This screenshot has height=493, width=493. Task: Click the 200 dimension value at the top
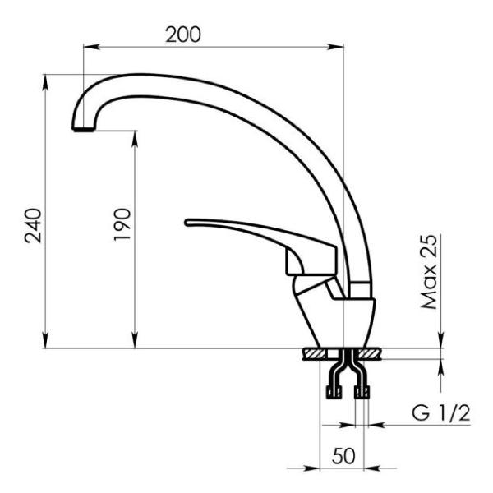[183, 35]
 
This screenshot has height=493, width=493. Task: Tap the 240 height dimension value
[33, 225]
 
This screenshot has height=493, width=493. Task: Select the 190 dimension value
[122, 224]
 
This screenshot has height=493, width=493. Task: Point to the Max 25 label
[429, 272]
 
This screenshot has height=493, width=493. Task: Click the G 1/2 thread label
[441, 413]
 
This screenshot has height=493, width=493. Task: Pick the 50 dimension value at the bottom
[343, 456]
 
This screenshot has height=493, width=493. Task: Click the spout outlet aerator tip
[83, 129]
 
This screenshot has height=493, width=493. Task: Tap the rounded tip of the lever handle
[187, 223]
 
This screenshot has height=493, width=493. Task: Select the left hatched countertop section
[316, 354]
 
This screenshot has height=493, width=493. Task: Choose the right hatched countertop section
[369, 354]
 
